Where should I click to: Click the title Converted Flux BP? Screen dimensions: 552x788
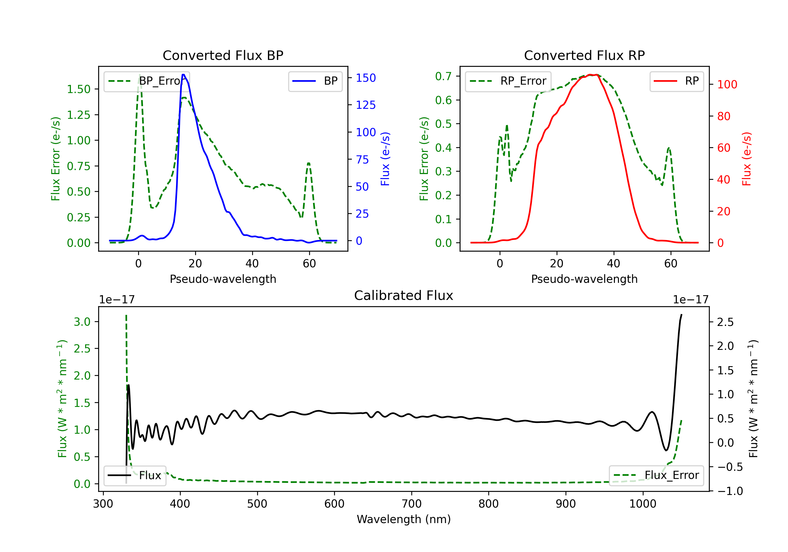click(x=223, y=55)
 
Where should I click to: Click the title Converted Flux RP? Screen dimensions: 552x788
click(x=584, y=55)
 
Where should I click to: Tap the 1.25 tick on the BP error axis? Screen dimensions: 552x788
click(x=78, y=115)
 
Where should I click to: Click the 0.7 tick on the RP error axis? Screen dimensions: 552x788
click(x=443, y=76)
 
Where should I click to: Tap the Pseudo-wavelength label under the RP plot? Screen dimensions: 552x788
click(x=584, y=279)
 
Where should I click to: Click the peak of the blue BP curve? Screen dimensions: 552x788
click(x=184, y=75)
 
